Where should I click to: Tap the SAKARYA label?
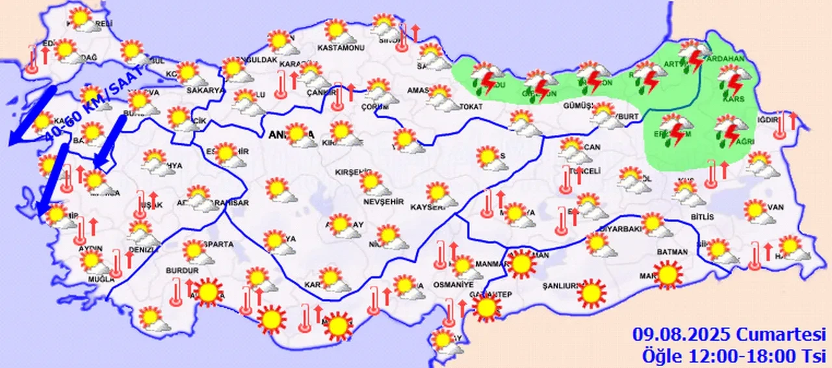point(205,90)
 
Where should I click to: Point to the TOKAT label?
point(469,107)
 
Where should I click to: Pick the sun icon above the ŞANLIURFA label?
point(590,293)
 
